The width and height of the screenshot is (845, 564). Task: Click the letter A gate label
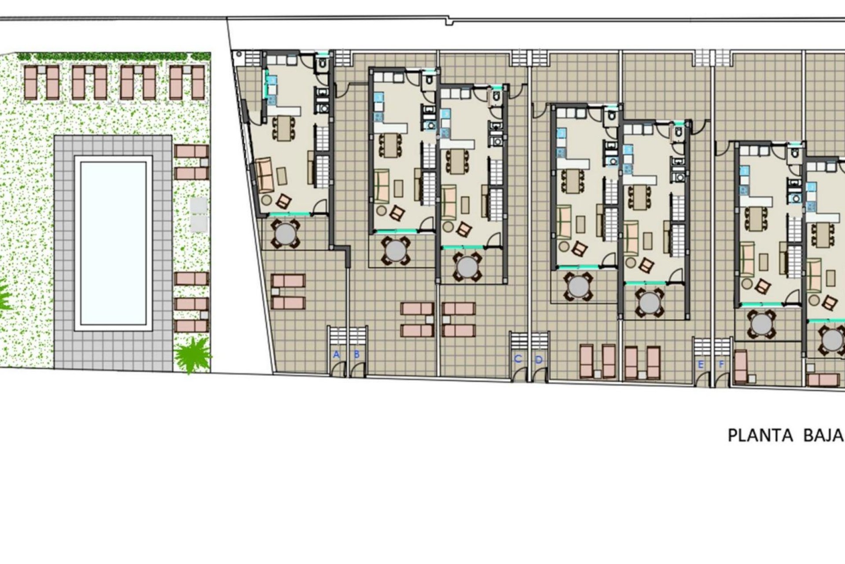(x=337, y=354)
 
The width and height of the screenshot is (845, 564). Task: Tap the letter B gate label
(x=357, y=354)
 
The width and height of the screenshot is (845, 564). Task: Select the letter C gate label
(x=518, y=359)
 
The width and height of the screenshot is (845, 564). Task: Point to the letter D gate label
(x=539, y=360)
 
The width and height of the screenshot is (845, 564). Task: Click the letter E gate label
(x=701, y=364)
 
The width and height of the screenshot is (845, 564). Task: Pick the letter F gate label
(x=721, y=364)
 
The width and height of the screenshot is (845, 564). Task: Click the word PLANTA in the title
(x=760, y=435)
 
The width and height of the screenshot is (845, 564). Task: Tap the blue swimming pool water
(x=113, y=243)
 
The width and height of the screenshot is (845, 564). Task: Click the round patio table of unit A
(x=286, y=234)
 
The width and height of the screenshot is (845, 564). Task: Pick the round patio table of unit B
(x=396, y=251)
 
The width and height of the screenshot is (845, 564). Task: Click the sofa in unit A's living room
(x=265, y=175)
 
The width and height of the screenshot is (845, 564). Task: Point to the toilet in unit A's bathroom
(x=322, y=65)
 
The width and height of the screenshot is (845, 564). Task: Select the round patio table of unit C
(x=467, y=266)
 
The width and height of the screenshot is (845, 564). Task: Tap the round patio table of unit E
(x=761, y=324)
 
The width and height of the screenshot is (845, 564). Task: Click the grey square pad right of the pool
(x=198, y=215)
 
